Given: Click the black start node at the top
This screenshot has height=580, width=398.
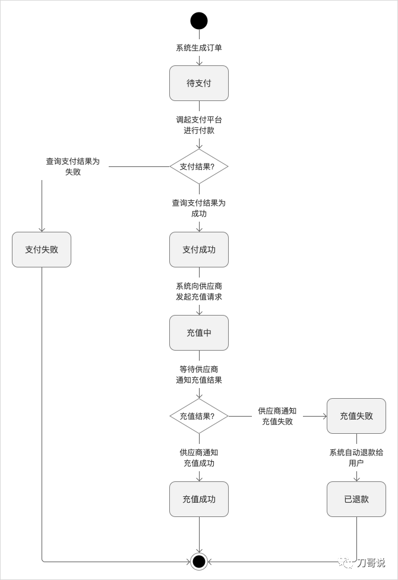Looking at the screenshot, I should click(x=199, y=21).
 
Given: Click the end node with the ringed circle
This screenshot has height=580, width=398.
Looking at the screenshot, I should click(x=199, y=561).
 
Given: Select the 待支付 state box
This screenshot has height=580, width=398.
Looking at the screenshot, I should click(x=199, y=83).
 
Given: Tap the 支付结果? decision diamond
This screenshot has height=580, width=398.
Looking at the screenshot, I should click(x=199, y=166).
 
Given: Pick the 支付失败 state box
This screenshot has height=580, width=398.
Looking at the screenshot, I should click(x=42, y=250).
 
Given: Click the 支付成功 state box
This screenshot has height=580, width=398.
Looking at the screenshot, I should click(x=199, y=250).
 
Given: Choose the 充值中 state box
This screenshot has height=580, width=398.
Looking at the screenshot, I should click(x=199, y=333).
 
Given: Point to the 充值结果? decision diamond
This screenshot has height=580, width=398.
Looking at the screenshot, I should click(x=199, y=416).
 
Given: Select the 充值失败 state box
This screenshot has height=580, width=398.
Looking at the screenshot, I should click(x=356, y=416).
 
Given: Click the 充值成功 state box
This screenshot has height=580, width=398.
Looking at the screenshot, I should click(x=199, y=499).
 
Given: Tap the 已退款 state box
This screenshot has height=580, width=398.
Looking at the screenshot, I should click(x=356, y=499).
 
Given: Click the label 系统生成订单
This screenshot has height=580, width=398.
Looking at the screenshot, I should click(x=199, y=48).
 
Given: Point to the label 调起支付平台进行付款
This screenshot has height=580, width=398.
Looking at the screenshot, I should click(x=199, y=125).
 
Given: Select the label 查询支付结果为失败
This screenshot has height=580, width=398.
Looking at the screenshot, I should click(x=73, y=166).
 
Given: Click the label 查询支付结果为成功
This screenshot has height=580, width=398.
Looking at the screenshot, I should click(x=199, y=208).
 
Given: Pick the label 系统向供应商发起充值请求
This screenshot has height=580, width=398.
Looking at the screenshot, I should click(x=199, y=291).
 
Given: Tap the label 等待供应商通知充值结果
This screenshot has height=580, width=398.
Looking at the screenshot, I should click(x=199, y=374).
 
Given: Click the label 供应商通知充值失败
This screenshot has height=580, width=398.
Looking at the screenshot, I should click(x=277, y=416).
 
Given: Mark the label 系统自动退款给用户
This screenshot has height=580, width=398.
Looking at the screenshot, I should click(x=356, y=458).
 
